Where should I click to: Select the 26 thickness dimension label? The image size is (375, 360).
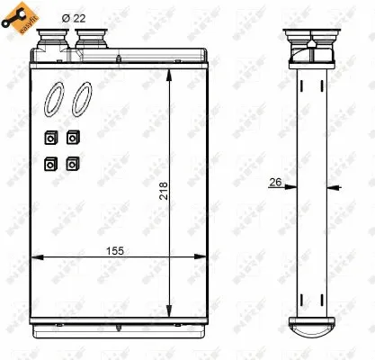point(275,183)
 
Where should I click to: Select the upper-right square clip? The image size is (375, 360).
point(72,138)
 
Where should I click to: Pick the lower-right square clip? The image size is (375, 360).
point(72,165)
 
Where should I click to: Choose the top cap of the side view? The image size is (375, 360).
point(310,40)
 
